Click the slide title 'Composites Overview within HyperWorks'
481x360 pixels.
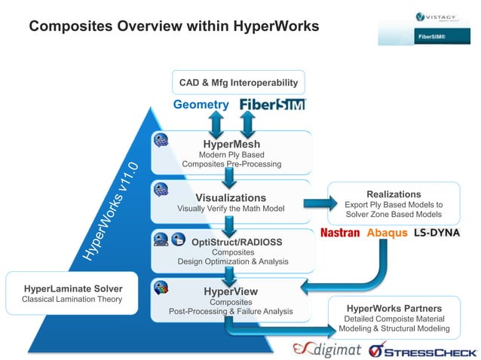173,26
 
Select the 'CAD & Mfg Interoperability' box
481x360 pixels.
238,82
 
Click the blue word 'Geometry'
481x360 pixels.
201,105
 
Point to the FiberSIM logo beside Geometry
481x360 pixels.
273,105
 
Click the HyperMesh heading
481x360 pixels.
231,143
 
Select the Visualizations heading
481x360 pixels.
231,197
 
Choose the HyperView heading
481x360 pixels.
231,291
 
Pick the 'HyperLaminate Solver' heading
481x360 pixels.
73,288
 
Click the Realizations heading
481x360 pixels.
394,194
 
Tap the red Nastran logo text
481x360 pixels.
340,233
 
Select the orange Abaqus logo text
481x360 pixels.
387,233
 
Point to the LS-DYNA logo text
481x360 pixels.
437,233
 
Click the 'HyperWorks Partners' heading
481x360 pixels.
394,308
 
